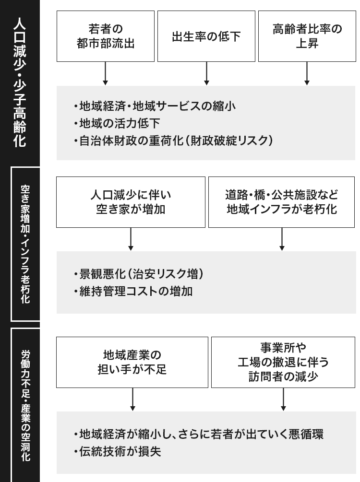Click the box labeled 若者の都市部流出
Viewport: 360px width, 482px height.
[x=106, y=36]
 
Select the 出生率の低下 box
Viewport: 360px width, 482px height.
[x=206, y=36]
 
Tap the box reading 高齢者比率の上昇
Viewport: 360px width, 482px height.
[x=307, y=36]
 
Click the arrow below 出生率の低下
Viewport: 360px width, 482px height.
[x=206, y=74]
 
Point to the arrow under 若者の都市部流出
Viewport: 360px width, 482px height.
[x=106, y=74]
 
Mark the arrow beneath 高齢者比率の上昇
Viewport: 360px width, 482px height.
[x=307, y=74]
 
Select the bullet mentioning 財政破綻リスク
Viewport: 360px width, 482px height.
[x=173, y=141]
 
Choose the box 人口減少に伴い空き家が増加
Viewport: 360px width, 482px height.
[x=131, y=202]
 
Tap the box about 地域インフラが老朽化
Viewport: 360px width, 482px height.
[x=282, y=202]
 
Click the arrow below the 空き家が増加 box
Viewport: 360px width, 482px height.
[x=131, y=239]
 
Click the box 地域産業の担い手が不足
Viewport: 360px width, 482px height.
[x=132, y=362]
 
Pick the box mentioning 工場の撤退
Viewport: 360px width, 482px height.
[x=283, y=362]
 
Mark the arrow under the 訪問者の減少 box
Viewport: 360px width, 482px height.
[x=283, y=400]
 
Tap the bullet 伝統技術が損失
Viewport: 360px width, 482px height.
[x=117, y=451]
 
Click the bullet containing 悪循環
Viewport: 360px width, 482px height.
[x=199, y=434]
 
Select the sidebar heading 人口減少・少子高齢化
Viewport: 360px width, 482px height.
[x=20, y=82]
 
